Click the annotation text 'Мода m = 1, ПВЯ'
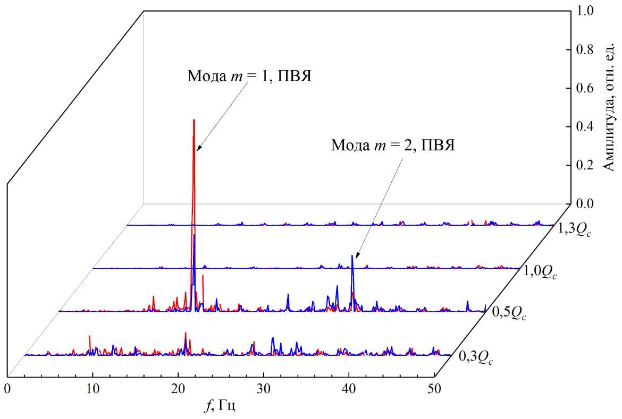click(248, 75)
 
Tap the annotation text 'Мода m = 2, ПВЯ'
click(393, 144)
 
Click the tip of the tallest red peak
click(194, 120)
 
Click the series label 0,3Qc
click(477, 358)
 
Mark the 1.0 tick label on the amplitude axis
click(585, 11)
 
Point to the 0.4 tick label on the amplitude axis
click(585, 126)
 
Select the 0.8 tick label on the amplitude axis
click(585, 49)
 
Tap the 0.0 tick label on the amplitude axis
click(585, 203)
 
